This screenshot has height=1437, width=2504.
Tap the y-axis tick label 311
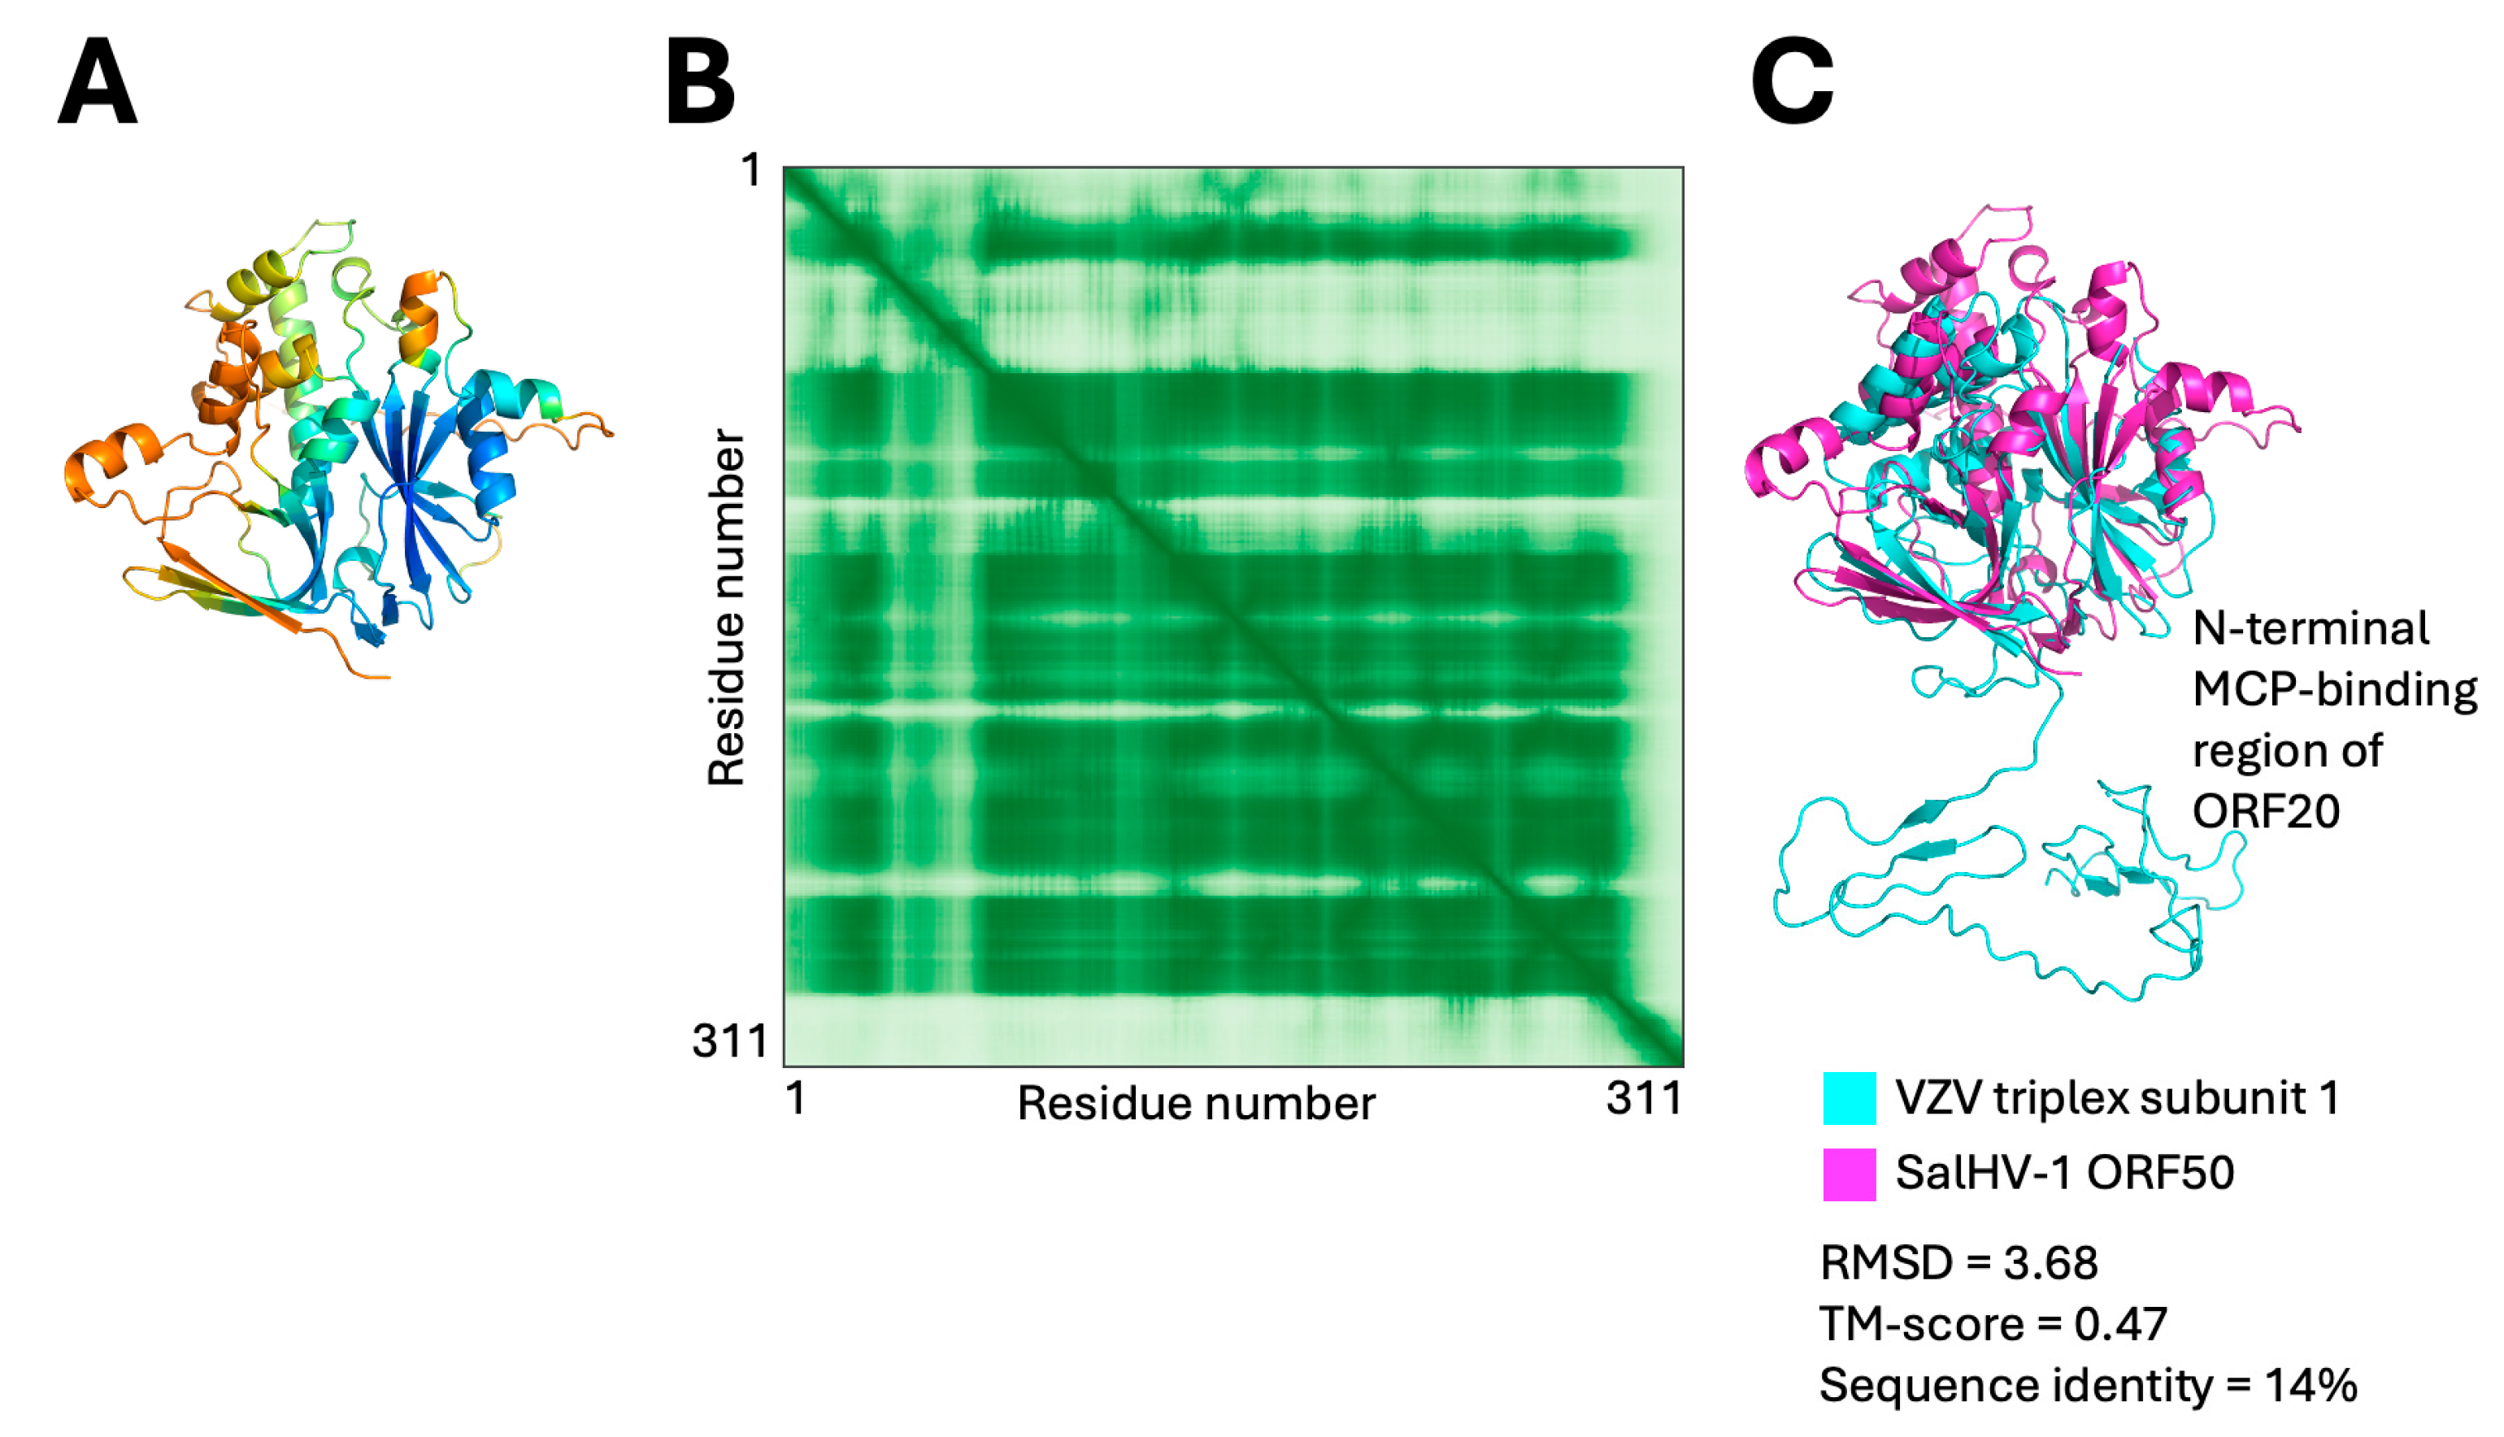[730, 1040]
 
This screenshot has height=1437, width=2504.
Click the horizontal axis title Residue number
[1196, 1104]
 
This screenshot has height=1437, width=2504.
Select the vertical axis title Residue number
[727, 607]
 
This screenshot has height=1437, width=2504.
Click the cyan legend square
[1850, 1097]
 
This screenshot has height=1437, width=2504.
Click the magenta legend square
[1850, 1174]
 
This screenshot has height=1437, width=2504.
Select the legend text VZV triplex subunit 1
[2117, 1097]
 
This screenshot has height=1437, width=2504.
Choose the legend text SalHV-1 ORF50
[2065, 1173]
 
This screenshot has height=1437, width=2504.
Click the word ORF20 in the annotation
[2266, 811]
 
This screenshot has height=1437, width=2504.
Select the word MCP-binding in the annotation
[2335, 690]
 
